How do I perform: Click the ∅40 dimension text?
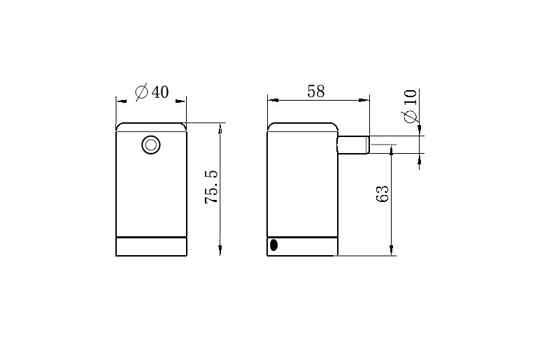click(152, 92)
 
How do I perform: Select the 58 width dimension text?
click(316, 92)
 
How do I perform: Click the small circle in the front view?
click(150, 145)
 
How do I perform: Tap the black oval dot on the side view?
click(274, 245)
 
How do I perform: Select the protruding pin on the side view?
click(354, 145)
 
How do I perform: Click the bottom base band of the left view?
click(151, 247)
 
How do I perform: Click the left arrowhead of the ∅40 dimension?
click(120, 101)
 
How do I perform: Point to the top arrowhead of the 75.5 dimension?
click(220, 128)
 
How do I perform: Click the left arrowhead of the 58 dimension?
click(272, 100)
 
